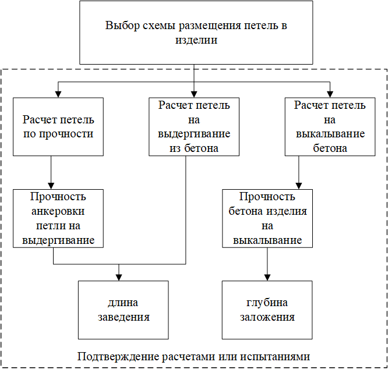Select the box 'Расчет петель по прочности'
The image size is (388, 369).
pos(58,127)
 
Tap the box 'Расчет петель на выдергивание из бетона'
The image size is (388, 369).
pos(194,127)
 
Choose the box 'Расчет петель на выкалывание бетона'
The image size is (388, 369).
pos(330,127)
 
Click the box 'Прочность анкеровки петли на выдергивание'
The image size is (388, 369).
pos(58,218)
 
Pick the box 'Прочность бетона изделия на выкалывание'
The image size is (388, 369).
pos(267,218)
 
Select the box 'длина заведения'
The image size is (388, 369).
pos(123,310)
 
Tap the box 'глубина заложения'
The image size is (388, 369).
pos(267,310)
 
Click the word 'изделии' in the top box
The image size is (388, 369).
pos(196,41)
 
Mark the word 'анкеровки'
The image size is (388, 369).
pos(58,211)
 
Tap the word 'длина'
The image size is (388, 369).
pos(123,303)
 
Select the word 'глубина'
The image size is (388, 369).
pos(267,303)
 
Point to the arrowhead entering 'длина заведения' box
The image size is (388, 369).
pos(119,277)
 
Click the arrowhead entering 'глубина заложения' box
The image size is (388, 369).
pos(267,277)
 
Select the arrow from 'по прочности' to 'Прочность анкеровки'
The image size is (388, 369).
pos(52,172)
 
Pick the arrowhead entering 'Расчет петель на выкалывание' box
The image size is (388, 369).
pos(330,94)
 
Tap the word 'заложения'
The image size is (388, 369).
pos(267,318)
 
